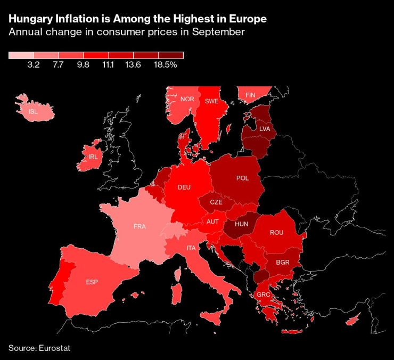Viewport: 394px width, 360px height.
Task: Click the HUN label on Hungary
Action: (242, 225)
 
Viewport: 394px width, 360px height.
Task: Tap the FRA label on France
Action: (139, 226)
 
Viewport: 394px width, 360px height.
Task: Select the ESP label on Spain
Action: (92, 282)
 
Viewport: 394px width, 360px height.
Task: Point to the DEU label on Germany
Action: (184, 187)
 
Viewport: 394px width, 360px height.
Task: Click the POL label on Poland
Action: (242, 178)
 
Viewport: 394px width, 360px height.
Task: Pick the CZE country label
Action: (216, 202)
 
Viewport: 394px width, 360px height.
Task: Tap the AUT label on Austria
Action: (212, 222)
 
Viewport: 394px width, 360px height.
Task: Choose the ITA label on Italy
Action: (190, 248)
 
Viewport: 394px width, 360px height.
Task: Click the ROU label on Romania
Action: (276, 233)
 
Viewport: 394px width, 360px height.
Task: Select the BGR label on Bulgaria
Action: (283, 263)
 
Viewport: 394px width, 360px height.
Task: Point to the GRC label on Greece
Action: (263, 294)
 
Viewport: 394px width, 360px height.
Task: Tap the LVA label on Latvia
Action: (265, 129)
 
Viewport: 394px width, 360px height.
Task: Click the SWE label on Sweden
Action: (211, 101)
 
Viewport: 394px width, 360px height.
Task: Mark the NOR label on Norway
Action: (187, 99)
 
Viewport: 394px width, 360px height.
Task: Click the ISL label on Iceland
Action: (33, 111)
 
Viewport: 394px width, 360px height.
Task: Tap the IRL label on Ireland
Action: (93, 157)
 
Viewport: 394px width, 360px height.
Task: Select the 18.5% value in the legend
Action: (165, 65)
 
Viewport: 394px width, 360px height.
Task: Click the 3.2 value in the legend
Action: (34, 65)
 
